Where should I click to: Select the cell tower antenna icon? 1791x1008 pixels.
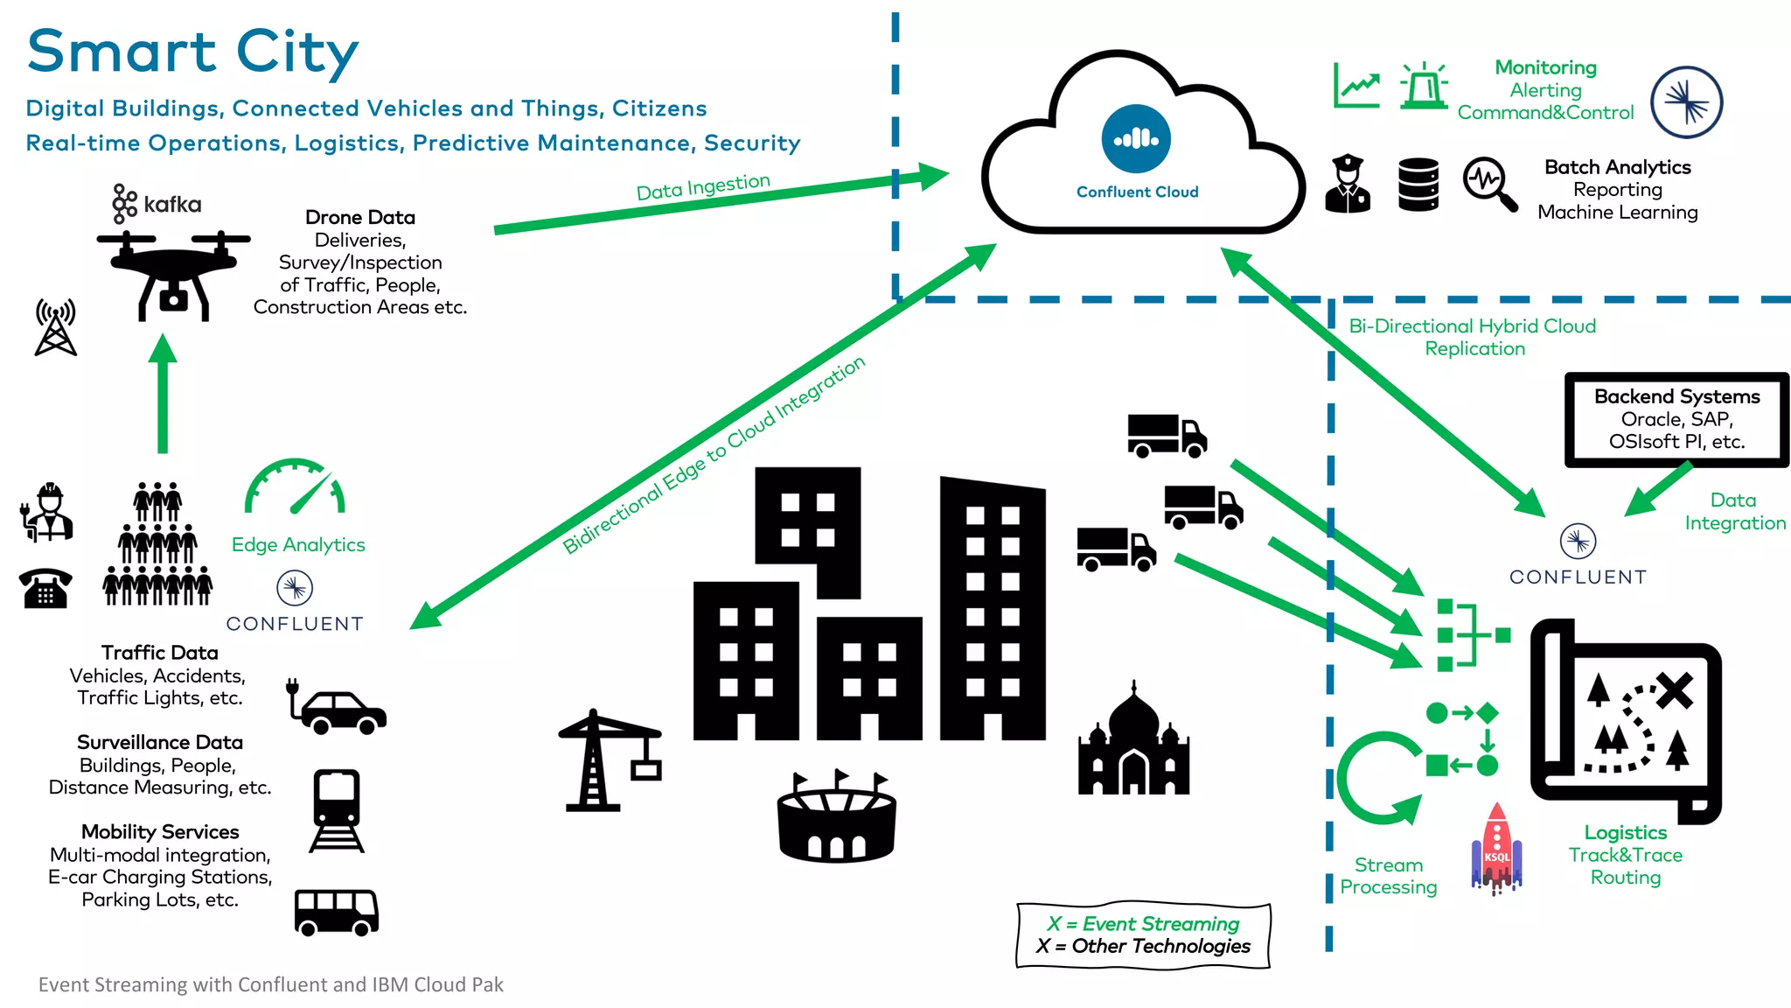click(x=55, y=327)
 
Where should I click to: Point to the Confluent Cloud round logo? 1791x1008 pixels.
click(x=1136, y=138)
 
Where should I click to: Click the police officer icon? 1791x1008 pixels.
click(x=1348, y=184)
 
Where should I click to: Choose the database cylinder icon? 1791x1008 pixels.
click(x=1418, y=185)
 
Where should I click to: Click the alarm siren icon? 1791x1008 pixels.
click(x=1423, y=86)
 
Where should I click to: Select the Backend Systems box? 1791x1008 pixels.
click(x=1676, y=419)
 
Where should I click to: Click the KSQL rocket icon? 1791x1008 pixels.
click(x=1496, y=849)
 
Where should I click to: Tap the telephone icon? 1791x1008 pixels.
click(x=45, y=588)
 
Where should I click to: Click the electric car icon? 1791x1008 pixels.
click(x=339, y=709)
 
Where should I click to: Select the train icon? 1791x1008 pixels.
click(x=337, y=810)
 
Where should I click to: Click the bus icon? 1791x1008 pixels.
click(x=336, y=912)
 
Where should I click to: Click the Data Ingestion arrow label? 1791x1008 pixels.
click(x=702, y=186)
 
